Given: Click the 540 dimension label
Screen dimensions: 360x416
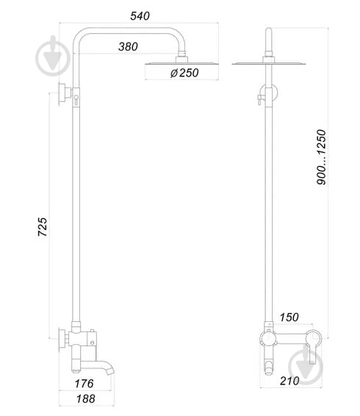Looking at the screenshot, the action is tap(140, 16).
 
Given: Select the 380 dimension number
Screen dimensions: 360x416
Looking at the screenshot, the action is tap(128, 47).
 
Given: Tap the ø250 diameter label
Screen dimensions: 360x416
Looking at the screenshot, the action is tap(184, 73).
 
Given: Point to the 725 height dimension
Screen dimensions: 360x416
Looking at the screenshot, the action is tap(43, 227).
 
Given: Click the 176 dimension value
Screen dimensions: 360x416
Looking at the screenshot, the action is tap(84, 384).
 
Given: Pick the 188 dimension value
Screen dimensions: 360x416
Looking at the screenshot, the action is tap(86, 399).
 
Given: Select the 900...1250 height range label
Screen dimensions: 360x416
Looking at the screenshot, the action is tap(321, 157).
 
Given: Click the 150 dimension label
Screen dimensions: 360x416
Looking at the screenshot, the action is tap(289, 317).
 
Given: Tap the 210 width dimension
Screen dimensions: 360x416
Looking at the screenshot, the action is tap(289, 381).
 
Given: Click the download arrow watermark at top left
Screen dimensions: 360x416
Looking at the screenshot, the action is tap(53, 56).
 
